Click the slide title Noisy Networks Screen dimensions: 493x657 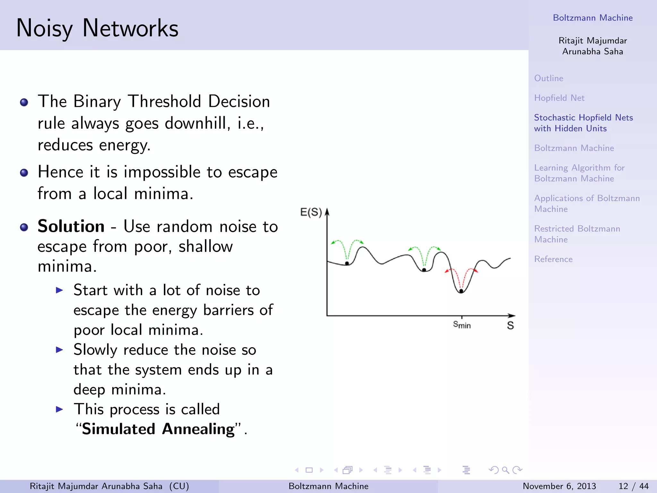[x=97, y=28]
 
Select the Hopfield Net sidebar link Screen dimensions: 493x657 [x=559, y=98]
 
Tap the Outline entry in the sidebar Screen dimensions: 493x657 [x=549, y=78]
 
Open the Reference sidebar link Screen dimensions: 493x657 [x=553, y=259]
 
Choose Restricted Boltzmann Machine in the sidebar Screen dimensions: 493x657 [x=577, y=234]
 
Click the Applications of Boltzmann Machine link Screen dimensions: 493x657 [x=586, y=203]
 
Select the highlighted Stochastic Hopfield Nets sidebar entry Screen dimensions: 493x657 [x=583, y=123]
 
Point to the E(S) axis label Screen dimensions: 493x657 [x=311, y=212]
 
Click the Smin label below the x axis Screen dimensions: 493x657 [x=461, y=325]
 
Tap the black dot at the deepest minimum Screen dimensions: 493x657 [x=461, y=291]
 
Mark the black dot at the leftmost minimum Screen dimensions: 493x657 [x=347, y=264]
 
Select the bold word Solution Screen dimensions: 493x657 [x=71, y=226]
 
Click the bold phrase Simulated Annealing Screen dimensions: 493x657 [x=158, y=429]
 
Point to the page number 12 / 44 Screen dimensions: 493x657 [x=633, y=486]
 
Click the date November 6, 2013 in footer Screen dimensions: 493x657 [x=559, y=486]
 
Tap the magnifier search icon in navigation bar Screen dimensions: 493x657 [x=506, y=470]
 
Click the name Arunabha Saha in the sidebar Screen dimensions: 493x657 [x=592, y=52]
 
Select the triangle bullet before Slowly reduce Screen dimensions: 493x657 [x=59, y=350]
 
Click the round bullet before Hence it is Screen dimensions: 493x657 [x=24, y=173]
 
